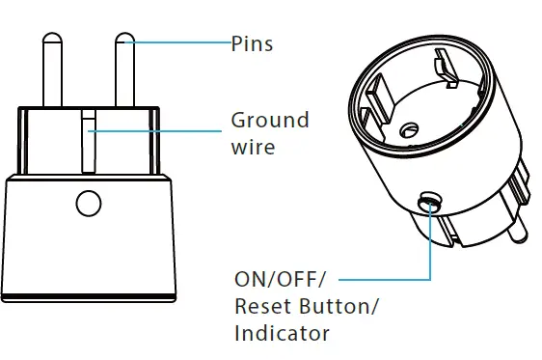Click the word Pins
click(x=252, y=43)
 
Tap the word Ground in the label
click(x=269, y=121)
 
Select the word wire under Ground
click(x=253, y=148)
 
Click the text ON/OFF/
click(x=281, y=280)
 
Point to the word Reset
click(x=259, y=307)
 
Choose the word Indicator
click(x=282, y=334)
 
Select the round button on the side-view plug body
click(x=88, y=204)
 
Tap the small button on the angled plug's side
click(x=427, y=201)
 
